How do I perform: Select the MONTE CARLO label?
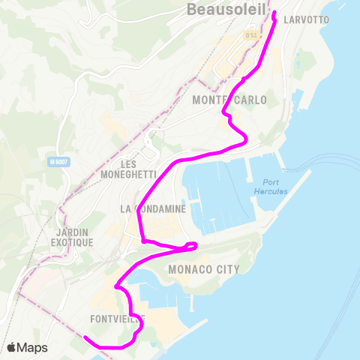point(229,100)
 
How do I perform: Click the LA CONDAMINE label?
point(153,209)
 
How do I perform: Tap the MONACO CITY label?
point(204,269)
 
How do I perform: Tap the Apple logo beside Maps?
point(13,347)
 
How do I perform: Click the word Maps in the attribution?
point(34,347)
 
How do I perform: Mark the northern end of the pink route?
point(274,13)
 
